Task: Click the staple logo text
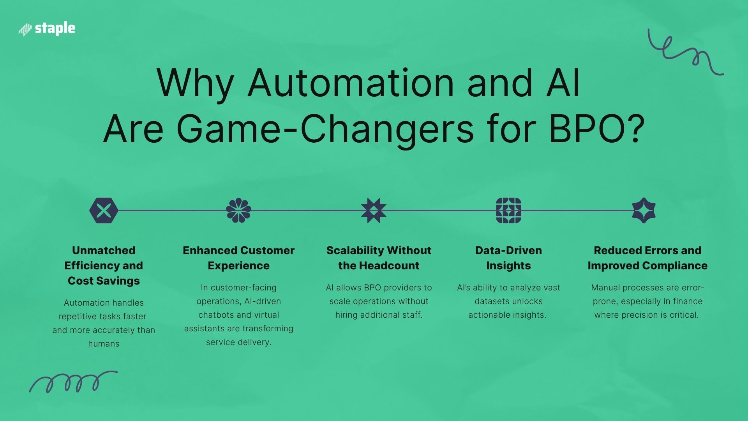point(55,28)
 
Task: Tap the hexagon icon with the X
point(104,210)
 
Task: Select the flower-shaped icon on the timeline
point(238,210)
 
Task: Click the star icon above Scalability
point(374,210)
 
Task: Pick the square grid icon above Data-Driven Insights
point(508,210)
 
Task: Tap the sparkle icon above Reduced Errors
point(644,210)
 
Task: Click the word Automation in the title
point(351,83)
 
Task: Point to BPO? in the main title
point(596,129)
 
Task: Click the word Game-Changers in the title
point(325,129)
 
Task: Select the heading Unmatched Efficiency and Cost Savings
point(104,265)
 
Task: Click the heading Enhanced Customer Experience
point(238,258)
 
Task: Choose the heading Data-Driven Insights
point(508,258)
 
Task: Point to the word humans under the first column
point(104,344)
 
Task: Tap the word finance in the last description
point(688,301)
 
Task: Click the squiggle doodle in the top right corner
point(686,53)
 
